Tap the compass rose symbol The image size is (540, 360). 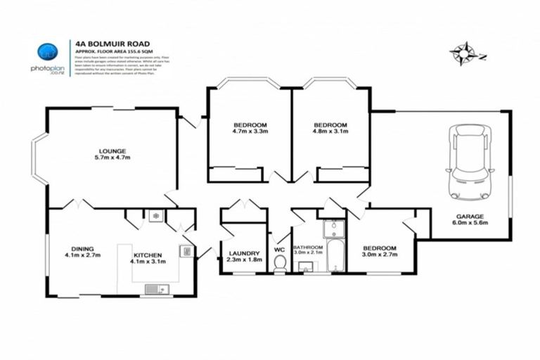click(x=463, y=53)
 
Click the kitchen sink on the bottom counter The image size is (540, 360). click(x=157, y=288)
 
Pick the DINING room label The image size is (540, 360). click(x=82, y=248)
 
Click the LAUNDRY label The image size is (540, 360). click(x=245, y=253)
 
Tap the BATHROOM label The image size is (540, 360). click(x=308, y=247)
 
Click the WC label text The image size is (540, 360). click(x=279, y=249)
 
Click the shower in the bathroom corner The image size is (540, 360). click(x=334, y=228)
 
